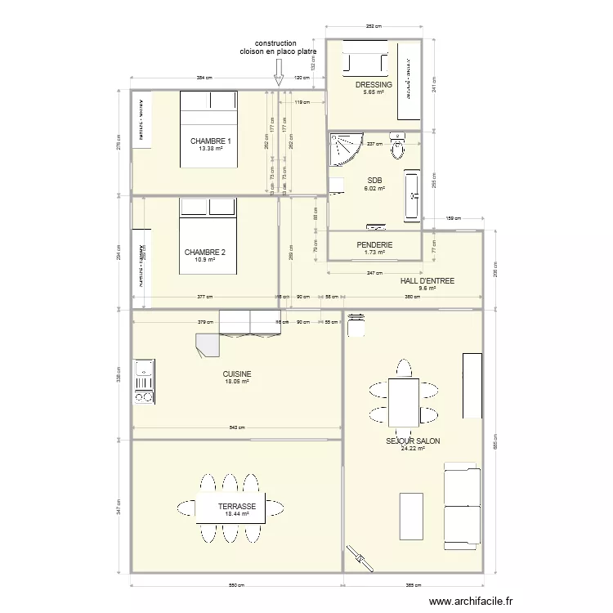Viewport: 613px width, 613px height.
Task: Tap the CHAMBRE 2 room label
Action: [x=199, y=252]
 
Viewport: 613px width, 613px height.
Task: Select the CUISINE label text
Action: [x=237, y=374]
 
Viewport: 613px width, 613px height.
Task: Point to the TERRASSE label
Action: [x=237, y=507]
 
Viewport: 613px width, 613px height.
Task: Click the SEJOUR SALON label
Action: [x=413, y=441]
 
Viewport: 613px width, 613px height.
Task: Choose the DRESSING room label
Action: [x=374, y=85]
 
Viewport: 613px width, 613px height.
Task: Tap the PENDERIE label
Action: [x=374, y=245]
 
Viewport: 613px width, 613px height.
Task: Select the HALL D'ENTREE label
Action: [x=427, y=281]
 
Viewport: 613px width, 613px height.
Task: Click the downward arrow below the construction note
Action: [x=278, y=75]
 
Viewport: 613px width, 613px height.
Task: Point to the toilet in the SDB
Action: [x=398, y=148]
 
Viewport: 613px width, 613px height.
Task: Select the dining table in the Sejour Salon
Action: [x=403, y=402]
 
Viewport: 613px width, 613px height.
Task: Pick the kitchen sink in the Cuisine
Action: [x=144, y=375]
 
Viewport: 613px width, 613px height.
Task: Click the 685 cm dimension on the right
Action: [x=494, y=441]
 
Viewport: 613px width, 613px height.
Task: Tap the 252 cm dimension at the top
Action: [x=374, y=27]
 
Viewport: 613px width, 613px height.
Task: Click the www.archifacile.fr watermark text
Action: [x=472, y=599]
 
